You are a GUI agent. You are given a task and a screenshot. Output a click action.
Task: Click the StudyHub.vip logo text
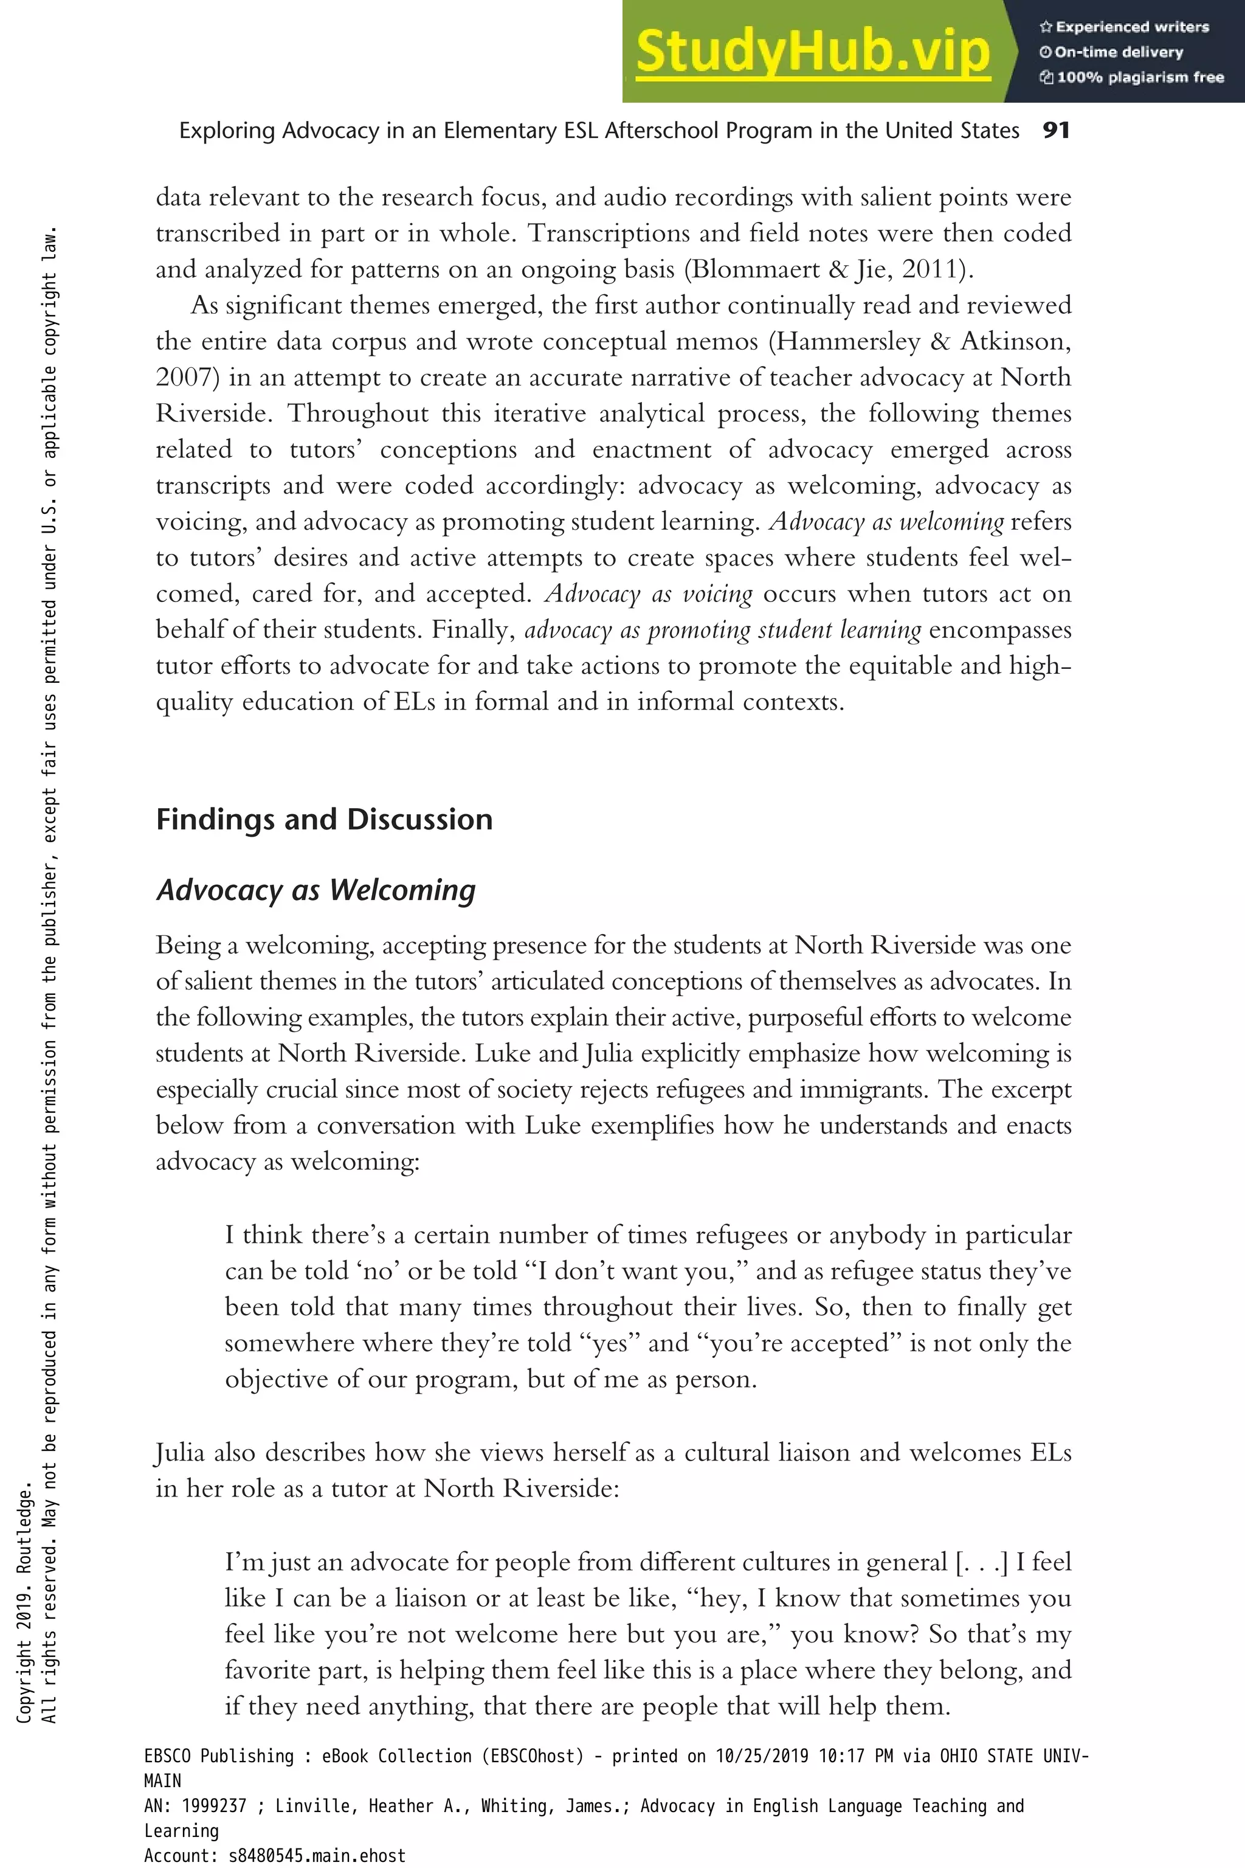click(812, 51)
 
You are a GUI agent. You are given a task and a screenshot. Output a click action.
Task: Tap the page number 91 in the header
click(1056, 130)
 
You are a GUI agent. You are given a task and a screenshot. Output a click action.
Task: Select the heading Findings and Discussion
click(324, 819)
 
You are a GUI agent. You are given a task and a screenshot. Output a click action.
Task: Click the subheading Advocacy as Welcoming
click(316, 890)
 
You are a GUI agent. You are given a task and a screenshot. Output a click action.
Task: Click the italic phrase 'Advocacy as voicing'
click(649, 594)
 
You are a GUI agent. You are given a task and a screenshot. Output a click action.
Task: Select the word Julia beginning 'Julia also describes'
click(180, 1453)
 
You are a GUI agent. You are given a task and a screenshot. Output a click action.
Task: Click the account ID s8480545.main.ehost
click(316, 1855)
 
